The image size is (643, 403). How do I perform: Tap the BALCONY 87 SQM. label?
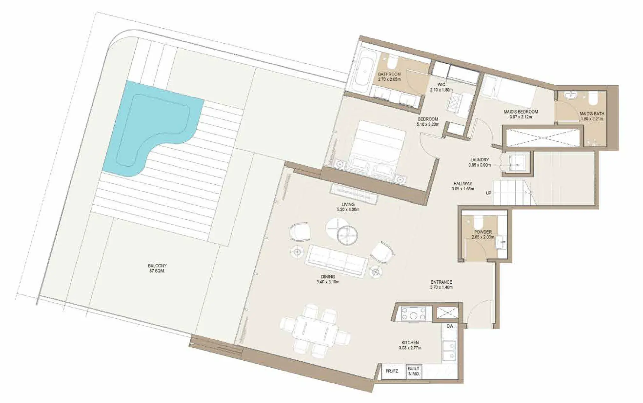(157, 268)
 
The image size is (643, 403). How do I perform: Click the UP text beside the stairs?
(489, 193)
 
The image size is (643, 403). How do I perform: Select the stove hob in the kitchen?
(413, 313)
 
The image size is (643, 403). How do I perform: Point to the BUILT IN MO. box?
(413, 371)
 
